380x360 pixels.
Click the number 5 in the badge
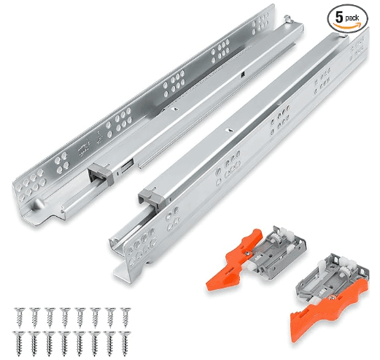point(339,17)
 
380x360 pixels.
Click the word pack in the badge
point(352,18)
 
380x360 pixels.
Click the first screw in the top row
point(20,318)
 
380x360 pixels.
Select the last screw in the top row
point(125,318)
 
